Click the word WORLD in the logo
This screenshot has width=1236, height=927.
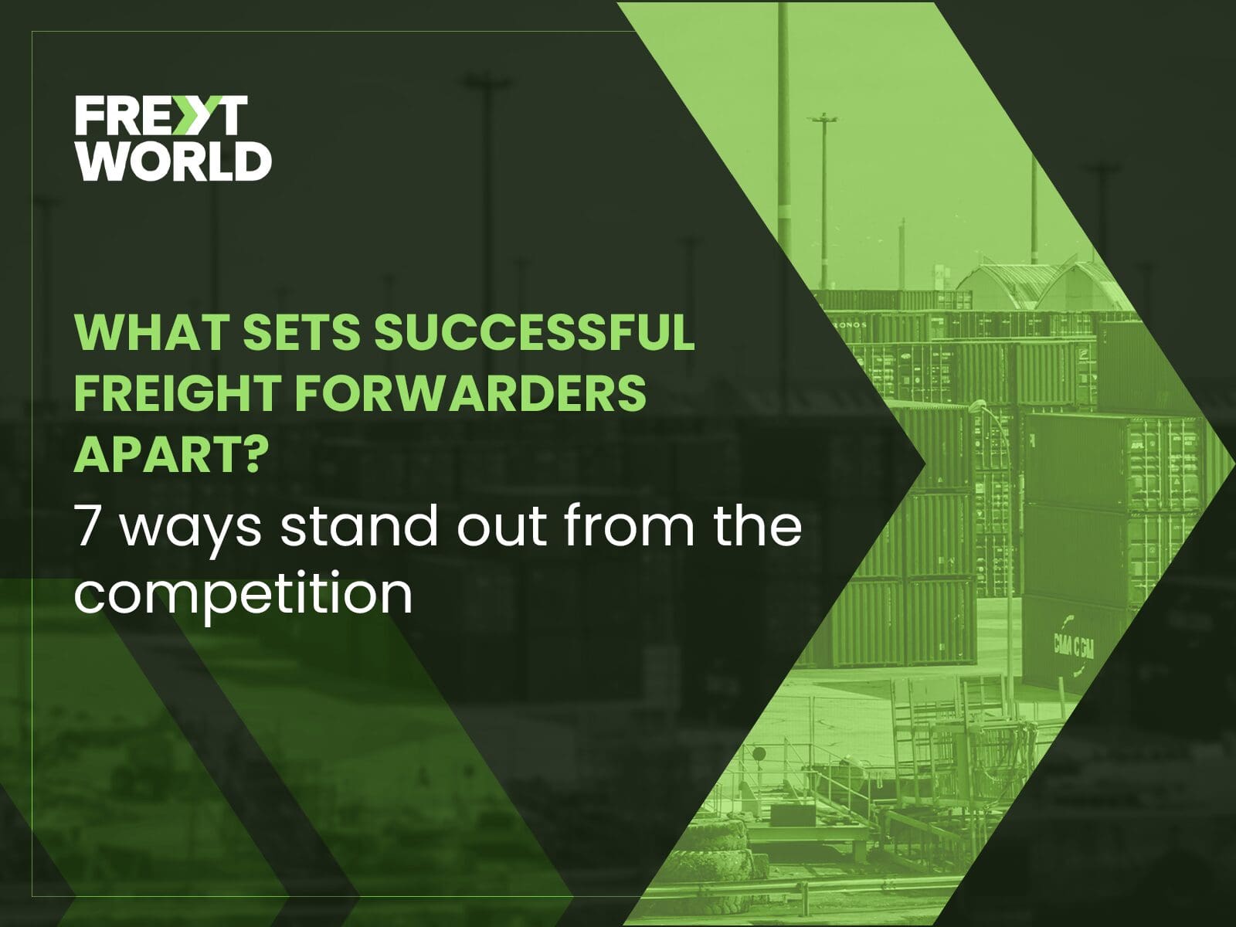(174, 161)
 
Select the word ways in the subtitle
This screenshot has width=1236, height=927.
(188, 532)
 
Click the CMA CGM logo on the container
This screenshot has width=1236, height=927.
(1073, 649)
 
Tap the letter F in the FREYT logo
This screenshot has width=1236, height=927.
(88, 115)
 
